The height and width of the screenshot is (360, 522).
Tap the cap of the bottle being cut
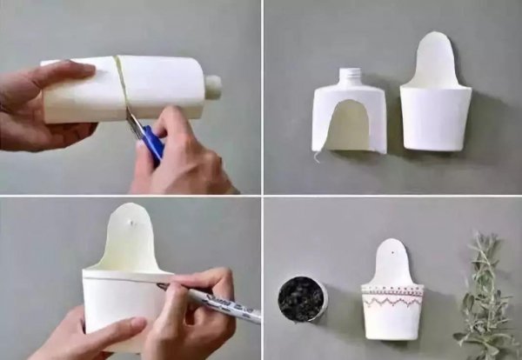coord(213,86)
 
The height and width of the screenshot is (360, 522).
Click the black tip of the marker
coord(161,285)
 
